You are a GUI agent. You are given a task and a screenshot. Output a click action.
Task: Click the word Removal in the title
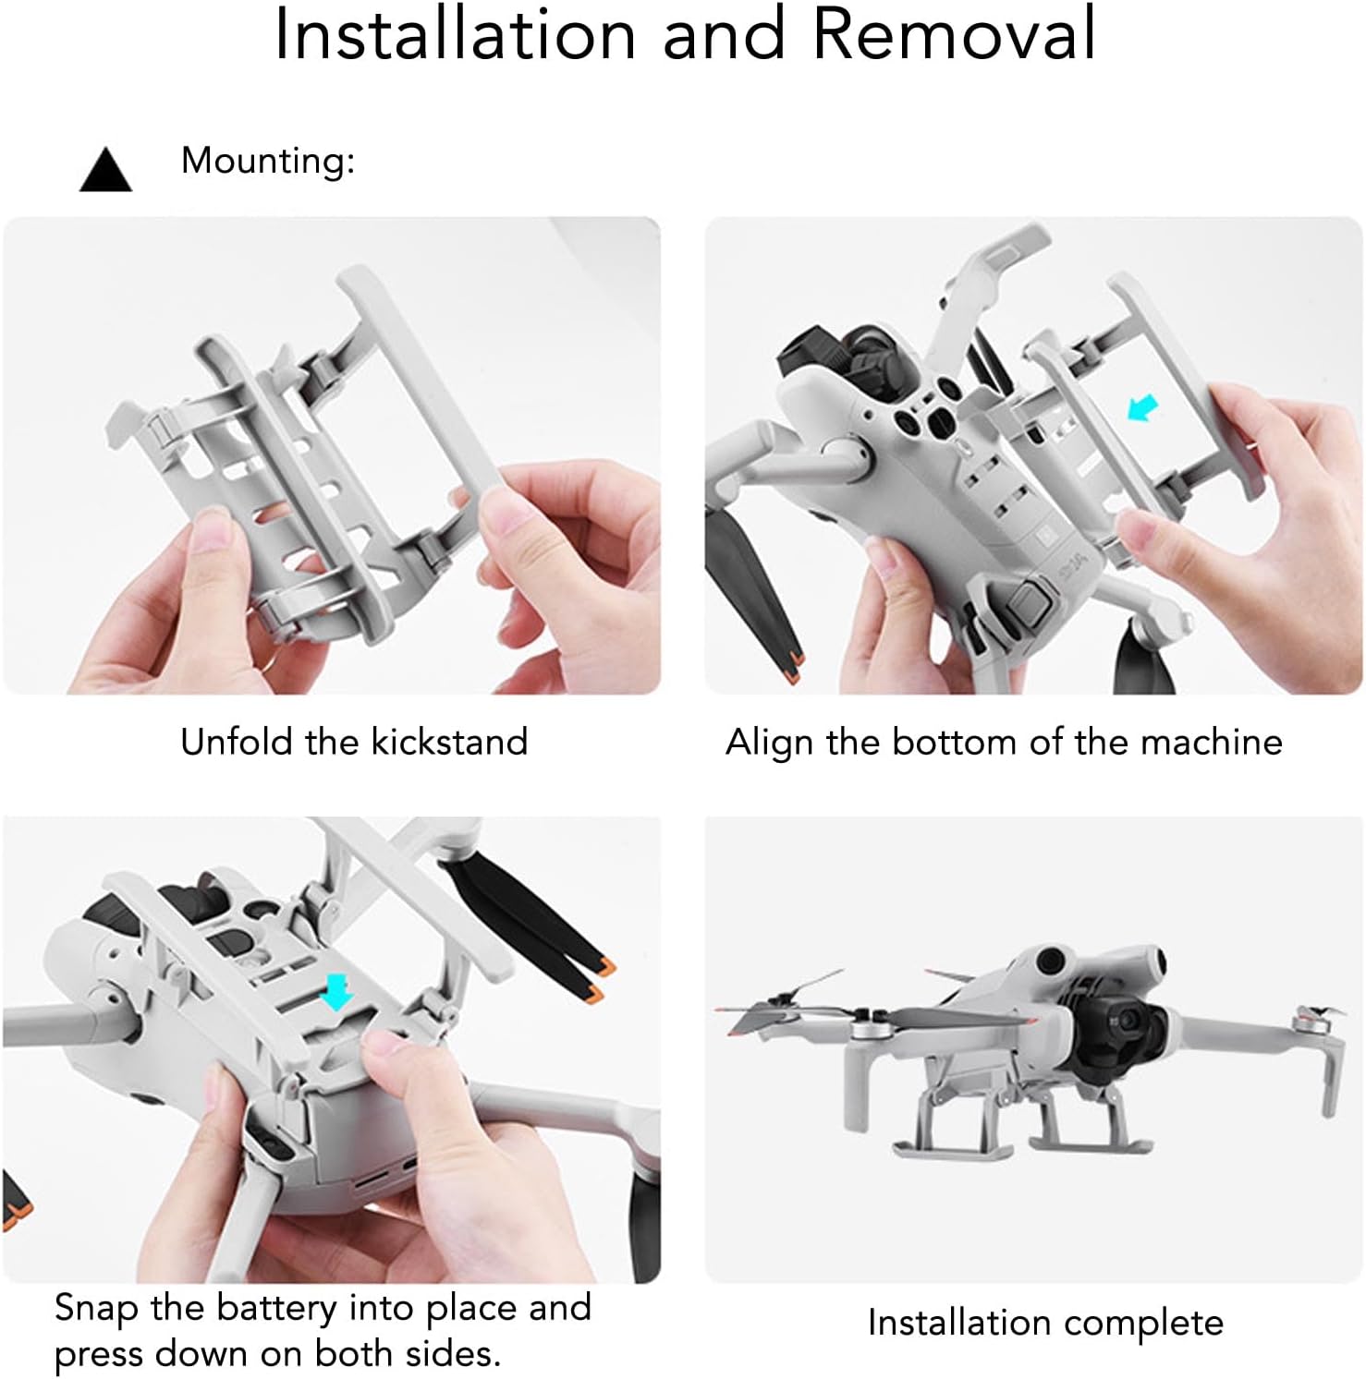click(x=954, y=34)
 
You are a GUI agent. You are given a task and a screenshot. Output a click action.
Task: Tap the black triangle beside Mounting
click(x=106, y=170)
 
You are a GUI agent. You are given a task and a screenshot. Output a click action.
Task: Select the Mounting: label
click(x=268, y=161)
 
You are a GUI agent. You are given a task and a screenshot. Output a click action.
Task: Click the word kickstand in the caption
click(x=449, y=742)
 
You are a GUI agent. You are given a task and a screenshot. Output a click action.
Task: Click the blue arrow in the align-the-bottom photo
click(x=1144, y=407)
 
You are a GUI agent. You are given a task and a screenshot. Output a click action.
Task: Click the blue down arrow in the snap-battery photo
click(x=336, y=991)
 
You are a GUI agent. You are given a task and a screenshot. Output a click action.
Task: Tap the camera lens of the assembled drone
click(x=1133, y=1019)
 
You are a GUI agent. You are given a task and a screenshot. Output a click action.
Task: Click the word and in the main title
click(x=724, y=34)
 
